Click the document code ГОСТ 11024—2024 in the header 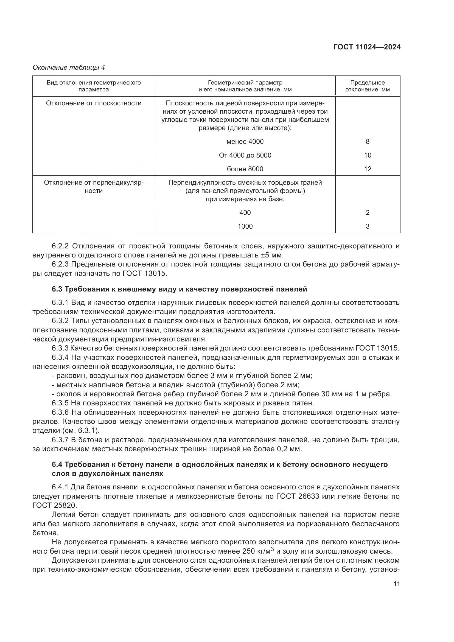pyautogui.click(x=367, y=47)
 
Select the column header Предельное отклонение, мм pyautogui.click(x=367, y=86)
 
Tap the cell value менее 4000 pyautogui.click(x=245, y=141)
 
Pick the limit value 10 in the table pyautogui.click(x=367, y=155)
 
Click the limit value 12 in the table pyautogui.click(x=367, y=169)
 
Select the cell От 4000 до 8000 pyautogui.click(x=245, y=155)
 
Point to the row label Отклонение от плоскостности pyautogui.click(x=94, y=103)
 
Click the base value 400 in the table pyautogui.click(x=245, y=212)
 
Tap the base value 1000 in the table pyautogui.click(x=245, y=226)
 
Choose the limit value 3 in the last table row pyautogui.click(x=367, y=226)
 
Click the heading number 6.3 pyautogui.click(x=57, y=289)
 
